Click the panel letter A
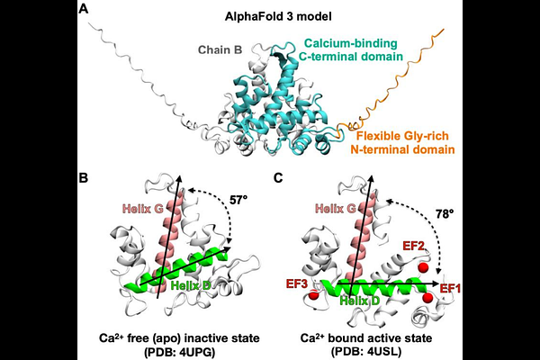(84, 8)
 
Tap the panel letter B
(84, 178)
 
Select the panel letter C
(278, 178)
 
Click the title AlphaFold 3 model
(278, 16)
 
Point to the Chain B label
(220, 50)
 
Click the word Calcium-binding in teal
(351, 43)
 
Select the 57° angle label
(238, 200)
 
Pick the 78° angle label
(442, 214)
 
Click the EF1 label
(451, 288)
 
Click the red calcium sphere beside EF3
(313, 295)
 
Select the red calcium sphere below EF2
(423, 267)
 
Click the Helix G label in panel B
(142, 209)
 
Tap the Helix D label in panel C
(360, 301)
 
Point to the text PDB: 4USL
(366, 352)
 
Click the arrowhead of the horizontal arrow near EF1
(438, 283)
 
